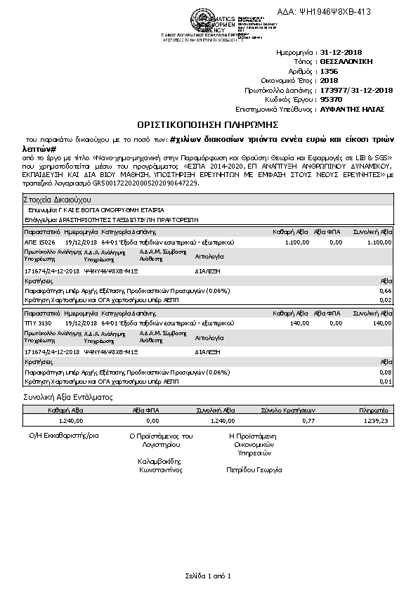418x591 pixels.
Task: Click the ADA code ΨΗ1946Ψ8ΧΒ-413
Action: pyautogui.click(x=333, y=12)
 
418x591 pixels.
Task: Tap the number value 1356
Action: pyautogui.click(x=329, y=72)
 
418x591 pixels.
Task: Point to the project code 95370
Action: pyautogui.click(x=331, y=100)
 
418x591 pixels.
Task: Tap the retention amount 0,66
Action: pyautogui.click(x=385, y=290)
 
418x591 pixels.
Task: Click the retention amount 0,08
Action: pyautogui.click(x=385, y=372)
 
